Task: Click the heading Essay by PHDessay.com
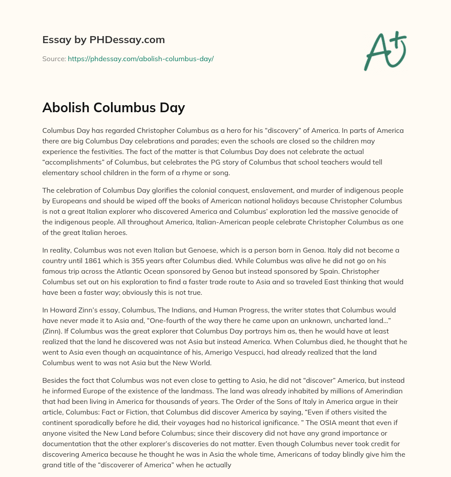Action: [104, 40]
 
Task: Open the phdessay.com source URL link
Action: [140, 59]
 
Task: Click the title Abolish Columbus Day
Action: [113, 107]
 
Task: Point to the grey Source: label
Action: [54, 59]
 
